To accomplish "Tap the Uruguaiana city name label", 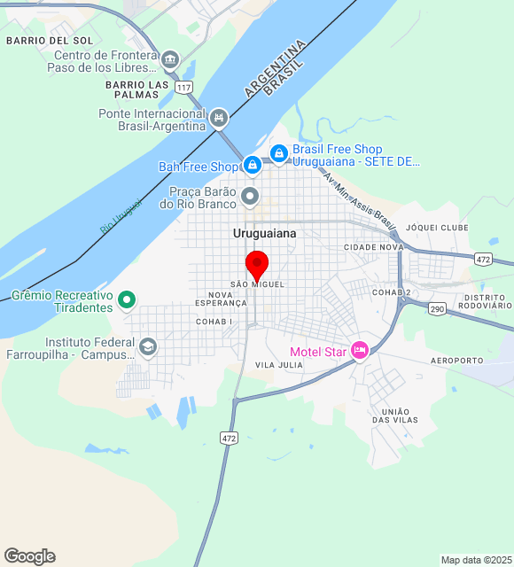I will (264, 234).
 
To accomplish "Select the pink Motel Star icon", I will (360, 351).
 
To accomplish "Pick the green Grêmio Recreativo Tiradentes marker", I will (127, 300).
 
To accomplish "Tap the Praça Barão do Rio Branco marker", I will (252, 196).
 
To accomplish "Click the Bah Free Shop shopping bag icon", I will (253, 165).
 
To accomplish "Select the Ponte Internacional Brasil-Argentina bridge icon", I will (219, 118).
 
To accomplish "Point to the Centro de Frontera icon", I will (169, 60).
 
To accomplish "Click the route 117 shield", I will (183, 87).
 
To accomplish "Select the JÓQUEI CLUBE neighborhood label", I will (437, 228).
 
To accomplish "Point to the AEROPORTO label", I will (457, 361).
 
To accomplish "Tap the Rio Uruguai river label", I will (121, 217).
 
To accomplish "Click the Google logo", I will (29, 556).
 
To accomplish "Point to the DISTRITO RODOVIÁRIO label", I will (487, 301).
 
